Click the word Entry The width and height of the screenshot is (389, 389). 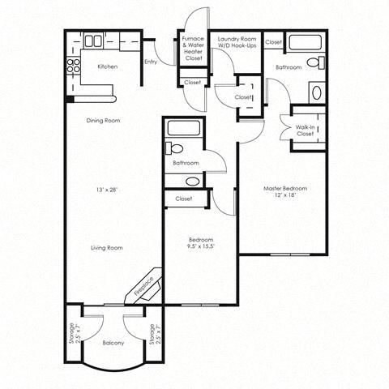point(150,62)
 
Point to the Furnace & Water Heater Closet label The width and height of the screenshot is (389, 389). point(192,48)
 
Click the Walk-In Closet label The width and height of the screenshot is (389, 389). point(305,130)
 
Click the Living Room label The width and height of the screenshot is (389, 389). point(105,247)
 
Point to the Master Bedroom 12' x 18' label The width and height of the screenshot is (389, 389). point(284,192)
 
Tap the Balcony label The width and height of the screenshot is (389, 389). point(113,343)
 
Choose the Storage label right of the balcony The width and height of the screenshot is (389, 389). point(152,333)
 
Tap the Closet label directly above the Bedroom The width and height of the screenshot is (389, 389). point(183,199)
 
